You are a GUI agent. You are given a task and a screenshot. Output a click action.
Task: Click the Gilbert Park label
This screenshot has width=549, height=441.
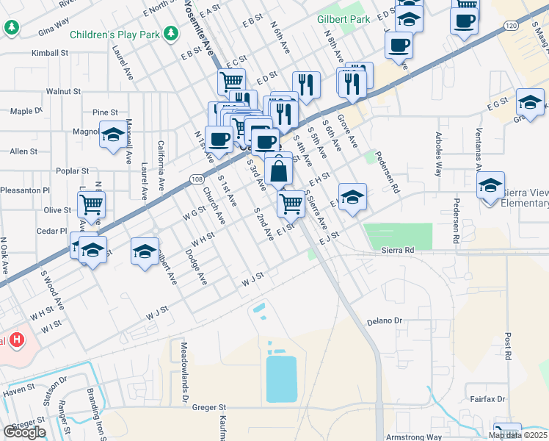(343, 19)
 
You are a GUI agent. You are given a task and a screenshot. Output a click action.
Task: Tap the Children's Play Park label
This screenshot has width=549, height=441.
(116, 35)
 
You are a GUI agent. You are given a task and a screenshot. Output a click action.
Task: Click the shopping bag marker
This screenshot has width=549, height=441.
(279, 172)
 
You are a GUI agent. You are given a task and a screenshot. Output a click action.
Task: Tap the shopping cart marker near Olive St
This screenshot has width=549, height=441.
(91, 204)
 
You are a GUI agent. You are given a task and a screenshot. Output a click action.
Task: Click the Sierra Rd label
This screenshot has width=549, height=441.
(398, 250)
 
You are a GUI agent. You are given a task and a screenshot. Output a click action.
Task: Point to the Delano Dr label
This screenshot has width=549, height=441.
(385, 321)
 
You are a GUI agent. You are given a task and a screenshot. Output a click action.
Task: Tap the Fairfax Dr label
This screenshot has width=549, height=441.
(487, 399)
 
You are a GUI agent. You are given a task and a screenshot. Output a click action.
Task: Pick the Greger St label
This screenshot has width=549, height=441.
(206, 406)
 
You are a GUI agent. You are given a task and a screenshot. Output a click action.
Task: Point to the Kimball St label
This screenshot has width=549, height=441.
(50, 54)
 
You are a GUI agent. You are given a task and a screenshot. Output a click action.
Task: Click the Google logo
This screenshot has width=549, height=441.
(24, 432)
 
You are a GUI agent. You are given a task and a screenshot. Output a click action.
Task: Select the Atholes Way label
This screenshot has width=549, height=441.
(438, 155)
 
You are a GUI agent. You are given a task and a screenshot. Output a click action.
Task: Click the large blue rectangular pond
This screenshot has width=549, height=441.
(281, 379)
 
